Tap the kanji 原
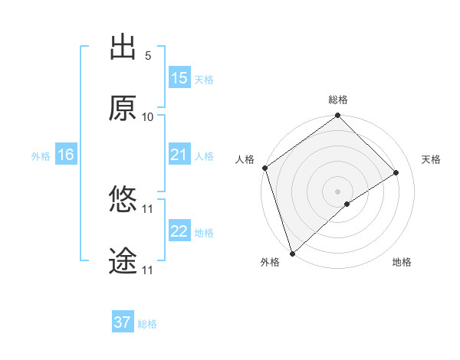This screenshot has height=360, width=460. tap(123, 108)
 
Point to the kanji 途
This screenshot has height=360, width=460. tap(123, 261)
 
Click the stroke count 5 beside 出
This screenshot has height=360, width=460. tap(148, 56)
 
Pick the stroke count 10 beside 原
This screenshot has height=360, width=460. tap(148, 117)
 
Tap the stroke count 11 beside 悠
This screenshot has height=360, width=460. tap(148, 208)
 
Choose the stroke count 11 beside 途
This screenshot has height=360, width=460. tap(148, 270)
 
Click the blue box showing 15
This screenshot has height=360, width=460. tap(179, 78)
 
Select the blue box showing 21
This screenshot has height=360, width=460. tap(179, 155)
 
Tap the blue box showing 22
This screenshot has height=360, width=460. tap(179, 231)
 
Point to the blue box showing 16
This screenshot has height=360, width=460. tap(66, 155)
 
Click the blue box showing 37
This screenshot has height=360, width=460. tap(123, 322)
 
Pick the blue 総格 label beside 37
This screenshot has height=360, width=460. tap(147, 324)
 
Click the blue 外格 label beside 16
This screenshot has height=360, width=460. tap(41, 156)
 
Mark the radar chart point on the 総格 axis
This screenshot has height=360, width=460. tap(337, 116)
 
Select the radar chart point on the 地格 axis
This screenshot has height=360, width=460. tap(347, 204)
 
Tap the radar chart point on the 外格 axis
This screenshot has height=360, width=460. tap(292, 252)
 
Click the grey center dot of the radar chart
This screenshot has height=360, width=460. tap(337, 190)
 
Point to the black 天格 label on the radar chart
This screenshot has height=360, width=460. tap(431, 159)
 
